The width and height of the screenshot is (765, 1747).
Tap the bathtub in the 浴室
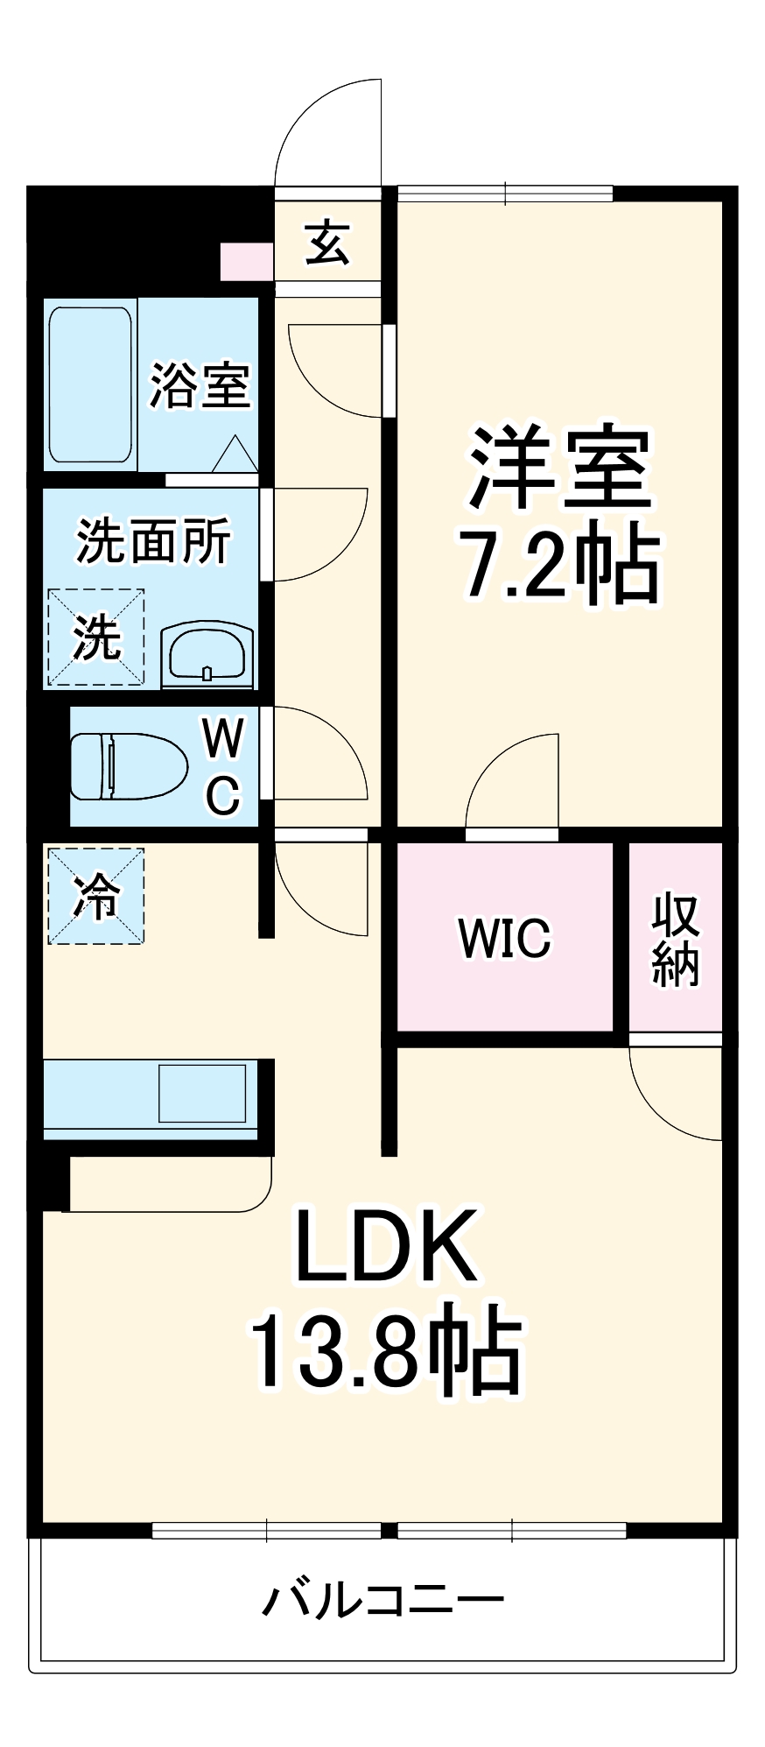90,383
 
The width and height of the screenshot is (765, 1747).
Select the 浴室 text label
200,384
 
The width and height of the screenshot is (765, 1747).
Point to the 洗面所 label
153,540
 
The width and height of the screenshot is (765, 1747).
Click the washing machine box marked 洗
95,636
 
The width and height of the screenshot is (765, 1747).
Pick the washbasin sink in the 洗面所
207,652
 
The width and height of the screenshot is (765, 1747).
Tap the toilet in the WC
128,765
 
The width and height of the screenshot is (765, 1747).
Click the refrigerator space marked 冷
95,896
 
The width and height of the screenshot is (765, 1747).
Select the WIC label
504,937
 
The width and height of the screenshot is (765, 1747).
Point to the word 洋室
560,468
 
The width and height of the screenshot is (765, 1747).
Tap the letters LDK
386,1245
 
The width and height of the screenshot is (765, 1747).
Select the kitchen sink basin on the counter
201,1092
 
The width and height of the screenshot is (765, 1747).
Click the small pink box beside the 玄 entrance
246,261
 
